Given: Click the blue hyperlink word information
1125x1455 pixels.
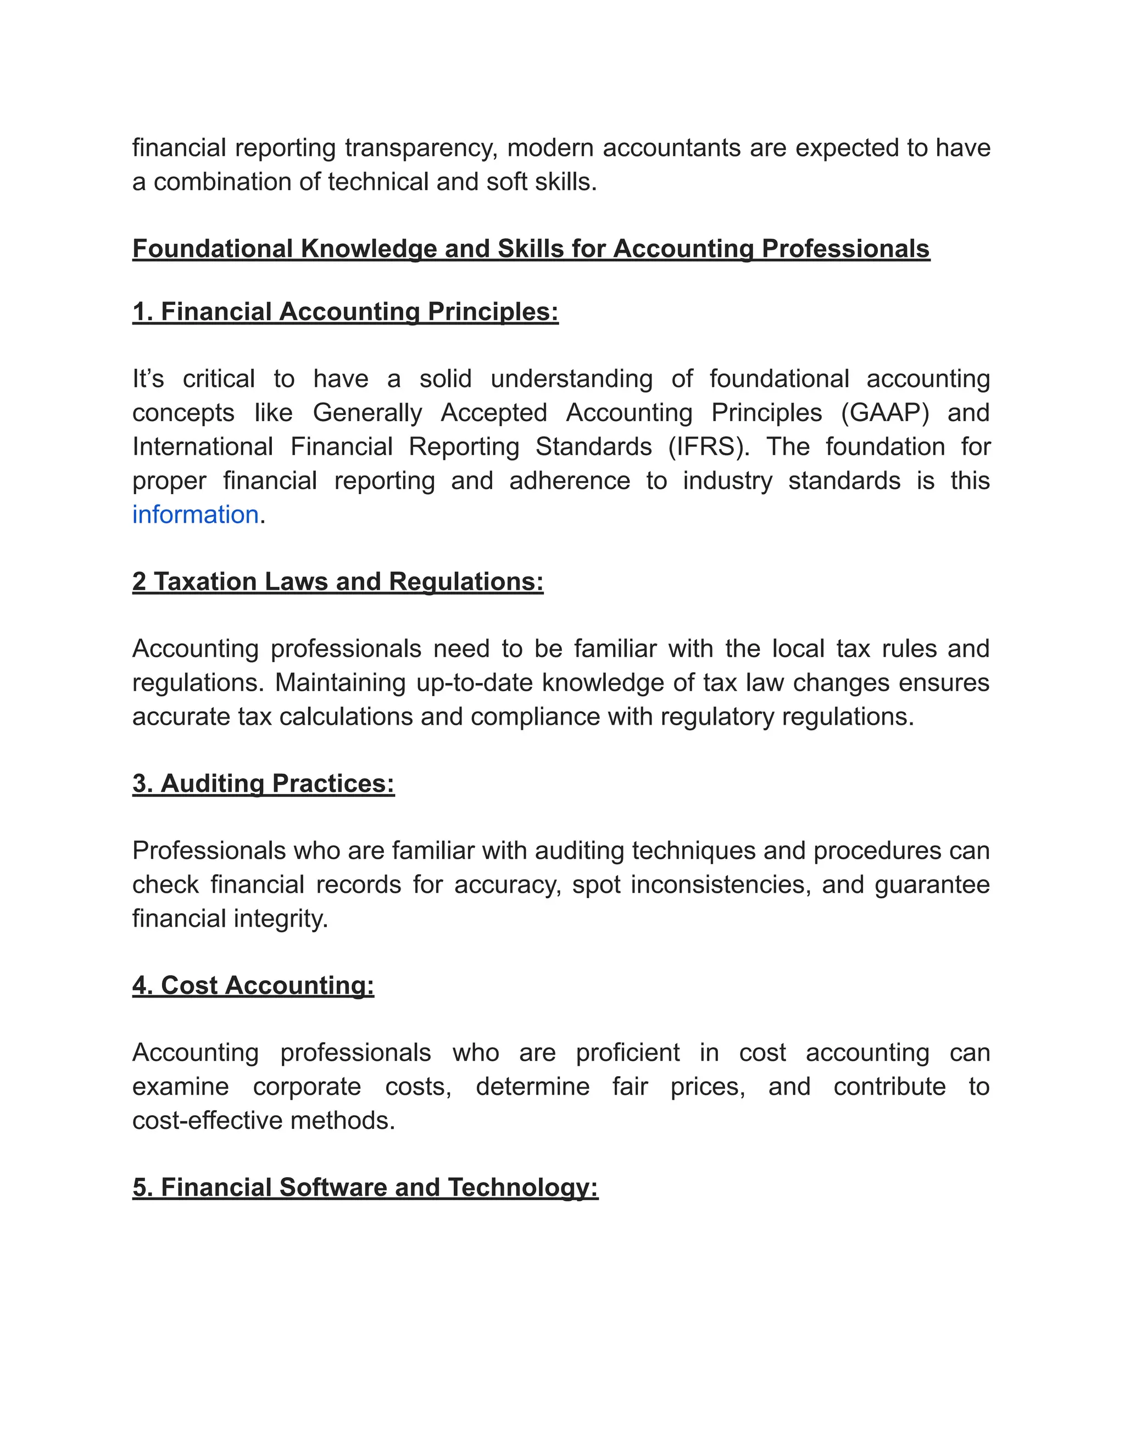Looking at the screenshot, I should [x=194, y=515].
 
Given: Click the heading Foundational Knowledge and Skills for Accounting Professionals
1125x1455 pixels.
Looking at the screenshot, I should [x=531, y=249].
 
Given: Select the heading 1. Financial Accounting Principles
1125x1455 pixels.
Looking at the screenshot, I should [x=345, y=312].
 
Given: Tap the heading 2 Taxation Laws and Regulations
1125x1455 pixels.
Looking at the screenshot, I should [x=338, y=581].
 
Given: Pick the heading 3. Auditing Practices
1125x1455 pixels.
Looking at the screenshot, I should [x=263, y=784].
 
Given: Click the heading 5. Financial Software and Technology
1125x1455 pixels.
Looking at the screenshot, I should [x=365, y=1187].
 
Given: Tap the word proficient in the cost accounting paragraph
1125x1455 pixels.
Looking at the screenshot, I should [x=627, y=1053].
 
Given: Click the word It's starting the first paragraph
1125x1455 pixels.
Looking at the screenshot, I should [x=148, y=379].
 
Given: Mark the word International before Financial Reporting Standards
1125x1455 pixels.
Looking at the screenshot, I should [x=203, y=447].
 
